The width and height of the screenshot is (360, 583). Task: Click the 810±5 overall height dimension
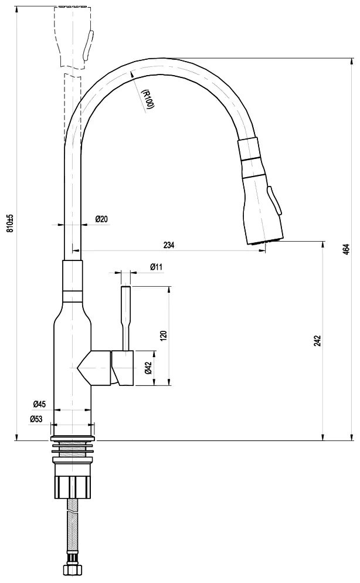click(10, 223)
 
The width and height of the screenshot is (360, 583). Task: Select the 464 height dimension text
click(346, 249)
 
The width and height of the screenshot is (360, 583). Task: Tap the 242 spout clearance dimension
click(317, 340)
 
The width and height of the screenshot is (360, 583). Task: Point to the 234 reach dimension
click(169, 245)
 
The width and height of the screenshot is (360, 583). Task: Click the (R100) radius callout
click(148, 99)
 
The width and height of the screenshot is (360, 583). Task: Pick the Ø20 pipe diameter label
click(101, 219)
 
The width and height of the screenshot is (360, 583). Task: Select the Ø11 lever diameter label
click(157, 267)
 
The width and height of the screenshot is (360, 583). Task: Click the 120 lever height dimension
click(163, 335)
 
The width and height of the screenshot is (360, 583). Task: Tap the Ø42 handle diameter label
click(148, 368)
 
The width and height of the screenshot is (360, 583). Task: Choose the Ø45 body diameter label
click(39, 404)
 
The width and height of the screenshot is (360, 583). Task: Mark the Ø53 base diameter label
click(36, 419)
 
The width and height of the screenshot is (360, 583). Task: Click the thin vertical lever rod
click(126, 318)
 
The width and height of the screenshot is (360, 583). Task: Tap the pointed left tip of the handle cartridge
click(77, 368)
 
